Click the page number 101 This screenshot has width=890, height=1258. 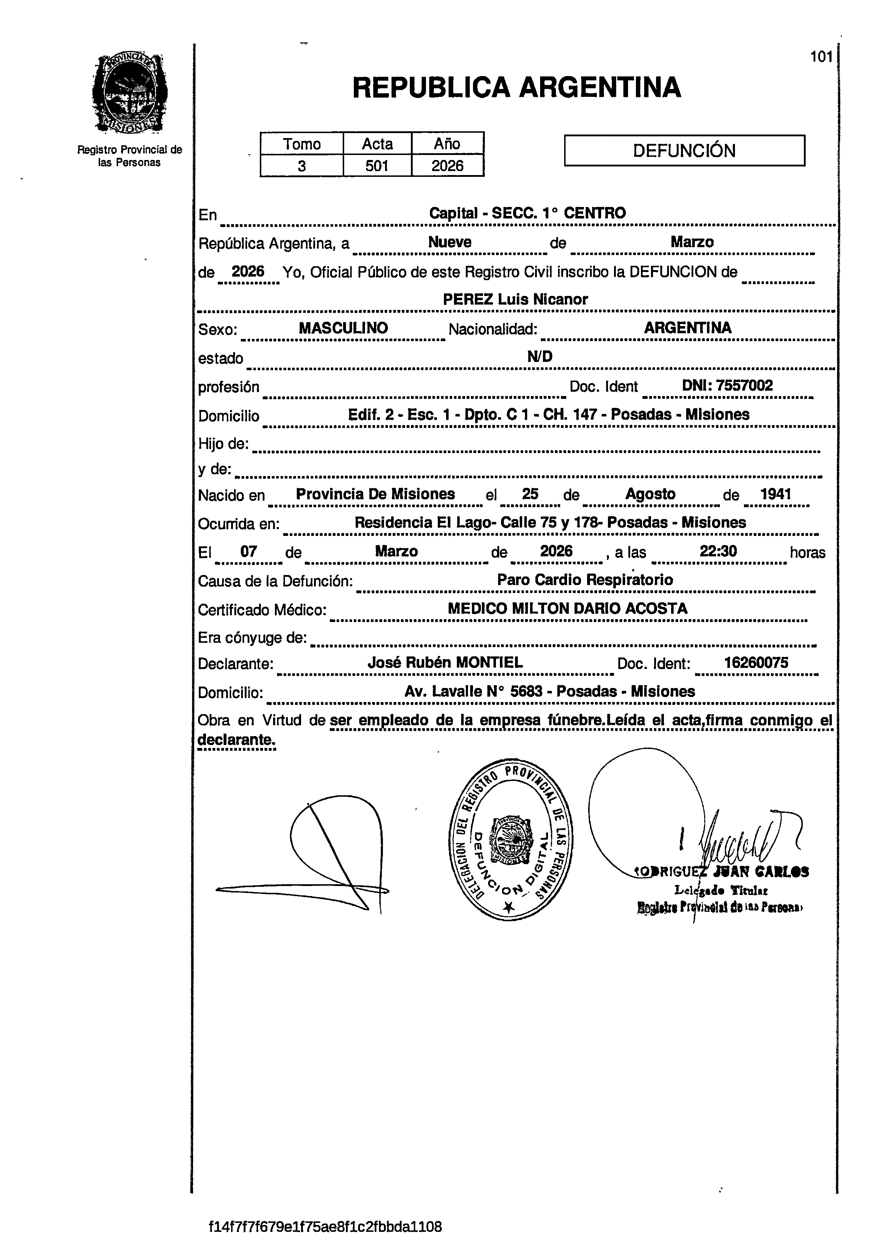(821, 57)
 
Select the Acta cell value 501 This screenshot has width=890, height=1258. (377, 165)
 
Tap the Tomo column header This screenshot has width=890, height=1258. (301, 144)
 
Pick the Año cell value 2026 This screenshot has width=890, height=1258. (447, 165)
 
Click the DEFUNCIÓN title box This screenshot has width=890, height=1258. (684, 151)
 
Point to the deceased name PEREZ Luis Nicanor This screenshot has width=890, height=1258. (515, 299)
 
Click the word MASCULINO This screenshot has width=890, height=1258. (343, 328)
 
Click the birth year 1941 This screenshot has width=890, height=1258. (776, 494)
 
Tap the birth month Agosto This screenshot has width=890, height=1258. (651, 494)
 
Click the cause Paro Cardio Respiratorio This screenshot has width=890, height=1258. (585, 580)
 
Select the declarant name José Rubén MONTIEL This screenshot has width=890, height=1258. (445, 663)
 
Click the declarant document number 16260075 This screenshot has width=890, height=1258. (756, 663)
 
